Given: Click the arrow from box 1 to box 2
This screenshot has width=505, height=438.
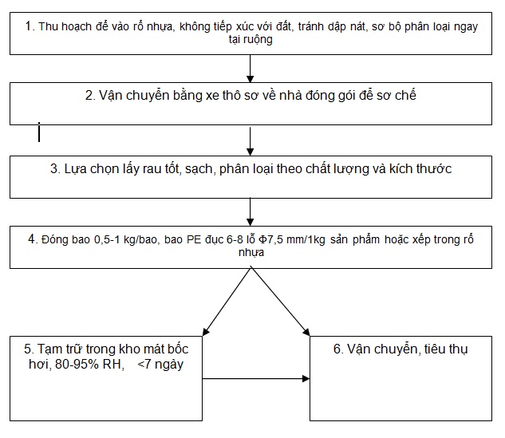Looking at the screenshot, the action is [x=250, y=69].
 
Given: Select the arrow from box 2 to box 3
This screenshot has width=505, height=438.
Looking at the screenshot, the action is [x=250, y=141].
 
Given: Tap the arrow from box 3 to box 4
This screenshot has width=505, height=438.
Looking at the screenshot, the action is [x=250, y=212].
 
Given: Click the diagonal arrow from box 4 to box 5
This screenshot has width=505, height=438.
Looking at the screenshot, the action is [x=227, y=302].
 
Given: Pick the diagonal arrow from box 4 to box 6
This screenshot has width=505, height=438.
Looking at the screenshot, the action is [x=280, y=302].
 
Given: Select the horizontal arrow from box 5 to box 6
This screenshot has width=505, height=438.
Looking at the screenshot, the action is [x=256, y=379].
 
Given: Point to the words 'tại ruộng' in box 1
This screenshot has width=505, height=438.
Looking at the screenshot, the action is [x=251, y=40].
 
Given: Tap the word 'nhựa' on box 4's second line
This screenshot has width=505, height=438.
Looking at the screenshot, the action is [x=251, y=252].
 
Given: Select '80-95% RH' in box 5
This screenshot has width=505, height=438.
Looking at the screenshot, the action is [x=89, y=365].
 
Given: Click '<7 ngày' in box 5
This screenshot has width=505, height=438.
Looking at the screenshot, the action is [x=160, y=365].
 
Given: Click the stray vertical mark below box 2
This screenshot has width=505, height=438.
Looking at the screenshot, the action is [x=39, y=132].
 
